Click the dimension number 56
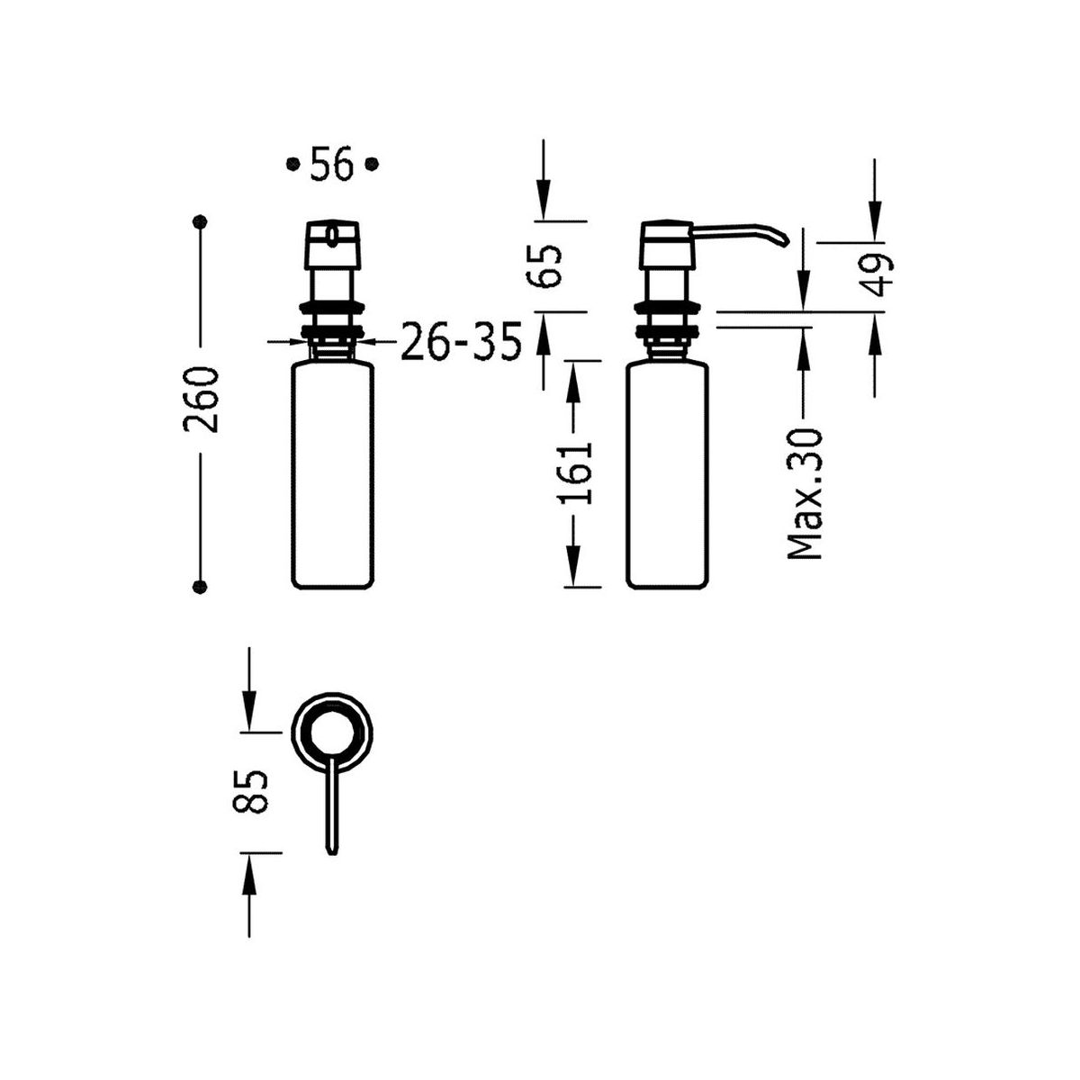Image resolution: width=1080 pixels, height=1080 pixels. pos(331,164)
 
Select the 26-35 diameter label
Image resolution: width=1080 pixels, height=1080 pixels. pos(462,341)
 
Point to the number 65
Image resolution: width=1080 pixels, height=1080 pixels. pos(543,265)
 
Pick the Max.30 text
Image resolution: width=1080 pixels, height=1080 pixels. pos(805,494)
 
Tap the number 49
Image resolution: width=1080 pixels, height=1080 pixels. pos(876,274)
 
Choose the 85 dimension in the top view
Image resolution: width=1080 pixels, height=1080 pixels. pos(248,791)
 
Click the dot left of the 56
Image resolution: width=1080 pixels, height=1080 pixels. pos(292,164)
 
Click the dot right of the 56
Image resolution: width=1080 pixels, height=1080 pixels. pos(372,164)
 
